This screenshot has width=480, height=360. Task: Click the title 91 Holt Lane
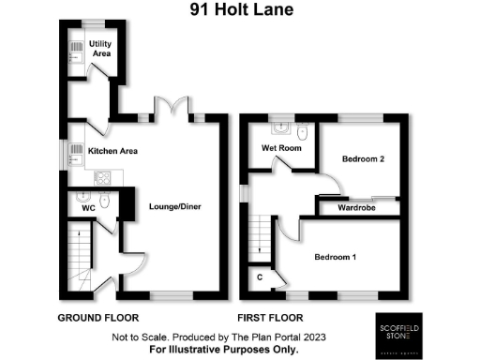239,10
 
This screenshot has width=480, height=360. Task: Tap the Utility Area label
100,49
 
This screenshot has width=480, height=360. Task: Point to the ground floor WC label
89,209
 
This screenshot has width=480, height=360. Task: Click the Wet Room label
280,148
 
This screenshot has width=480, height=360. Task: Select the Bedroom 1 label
336,256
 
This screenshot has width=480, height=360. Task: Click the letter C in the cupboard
259,277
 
